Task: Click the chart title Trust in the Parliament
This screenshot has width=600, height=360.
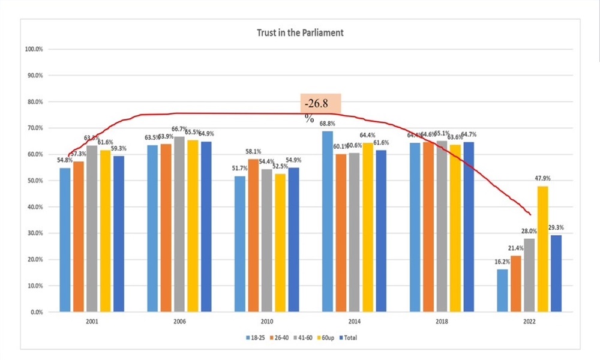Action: (x=300, y=32)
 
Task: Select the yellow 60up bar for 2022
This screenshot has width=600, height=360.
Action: (x=542, y=249)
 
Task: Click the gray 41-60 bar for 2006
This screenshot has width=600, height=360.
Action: (x=179, y=224)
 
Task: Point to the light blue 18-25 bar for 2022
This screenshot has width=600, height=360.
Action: (x=502, y=290)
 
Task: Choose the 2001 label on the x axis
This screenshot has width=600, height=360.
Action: (x=92, y=322)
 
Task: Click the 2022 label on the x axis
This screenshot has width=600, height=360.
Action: (x=527, y=322)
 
